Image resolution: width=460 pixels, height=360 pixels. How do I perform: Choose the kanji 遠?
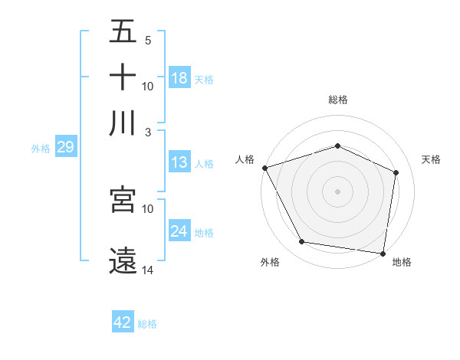click(x=123, y=260)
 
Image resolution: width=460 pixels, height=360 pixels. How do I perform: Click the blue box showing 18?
click(x=179, y=78)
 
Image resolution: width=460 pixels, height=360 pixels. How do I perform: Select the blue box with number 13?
click(x=179, y=162)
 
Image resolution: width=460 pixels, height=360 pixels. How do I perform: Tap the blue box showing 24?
click(x=179, y=231)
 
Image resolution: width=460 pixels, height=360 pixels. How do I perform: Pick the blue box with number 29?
click(x=65, y=147)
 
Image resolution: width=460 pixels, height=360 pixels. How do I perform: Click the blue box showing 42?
click(x=123, y=322)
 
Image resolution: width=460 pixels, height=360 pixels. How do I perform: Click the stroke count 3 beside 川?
click(x=147, y=132)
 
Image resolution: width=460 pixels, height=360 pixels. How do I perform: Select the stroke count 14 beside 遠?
click(x=147, y=270)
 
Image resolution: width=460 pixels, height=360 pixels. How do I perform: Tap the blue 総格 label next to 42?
click(x=147, y=324)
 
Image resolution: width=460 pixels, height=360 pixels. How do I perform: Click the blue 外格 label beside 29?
click(x=41, y=149)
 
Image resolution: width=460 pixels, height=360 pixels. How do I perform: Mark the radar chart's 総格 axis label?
click(x=337, y=100)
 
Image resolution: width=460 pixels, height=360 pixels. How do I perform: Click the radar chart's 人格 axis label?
click(x=245, y=159)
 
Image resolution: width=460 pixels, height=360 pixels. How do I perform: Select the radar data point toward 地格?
click(x=383, y=253)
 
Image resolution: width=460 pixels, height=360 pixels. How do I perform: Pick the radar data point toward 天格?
click(x=396, y=172)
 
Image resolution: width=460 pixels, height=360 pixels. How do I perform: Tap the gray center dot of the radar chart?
click(x=337, y=191)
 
